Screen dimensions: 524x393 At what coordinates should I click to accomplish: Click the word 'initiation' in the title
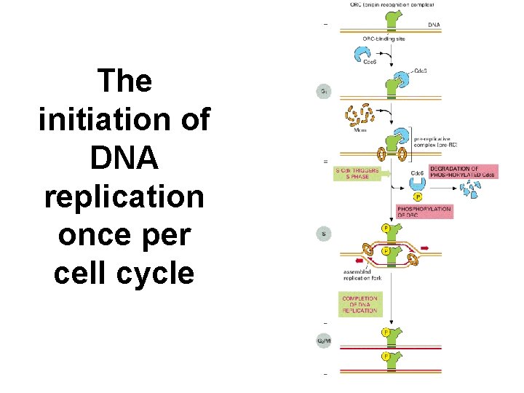click(x=124, y=119)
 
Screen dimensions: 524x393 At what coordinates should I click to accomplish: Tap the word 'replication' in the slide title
click(x=124, y=196)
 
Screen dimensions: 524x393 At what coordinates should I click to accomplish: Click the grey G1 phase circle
click(x=324, y=92)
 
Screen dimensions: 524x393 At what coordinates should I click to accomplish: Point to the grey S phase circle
click(x=324, y=234)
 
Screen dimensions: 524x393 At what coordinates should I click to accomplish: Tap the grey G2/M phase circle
click(x=324, y=340)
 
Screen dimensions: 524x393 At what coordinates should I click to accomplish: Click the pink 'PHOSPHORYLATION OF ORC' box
click(x=424, y=212)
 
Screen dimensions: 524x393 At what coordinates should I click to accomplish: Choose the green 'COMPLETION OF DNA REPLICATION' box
click(x=360, y=304)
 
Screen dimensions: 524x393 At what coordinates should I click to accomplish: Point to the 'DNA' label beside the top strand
click(x=434, y=24)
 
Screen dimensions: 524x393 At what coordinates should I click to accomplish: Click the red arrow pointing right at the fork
click(x=425, y=248)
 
